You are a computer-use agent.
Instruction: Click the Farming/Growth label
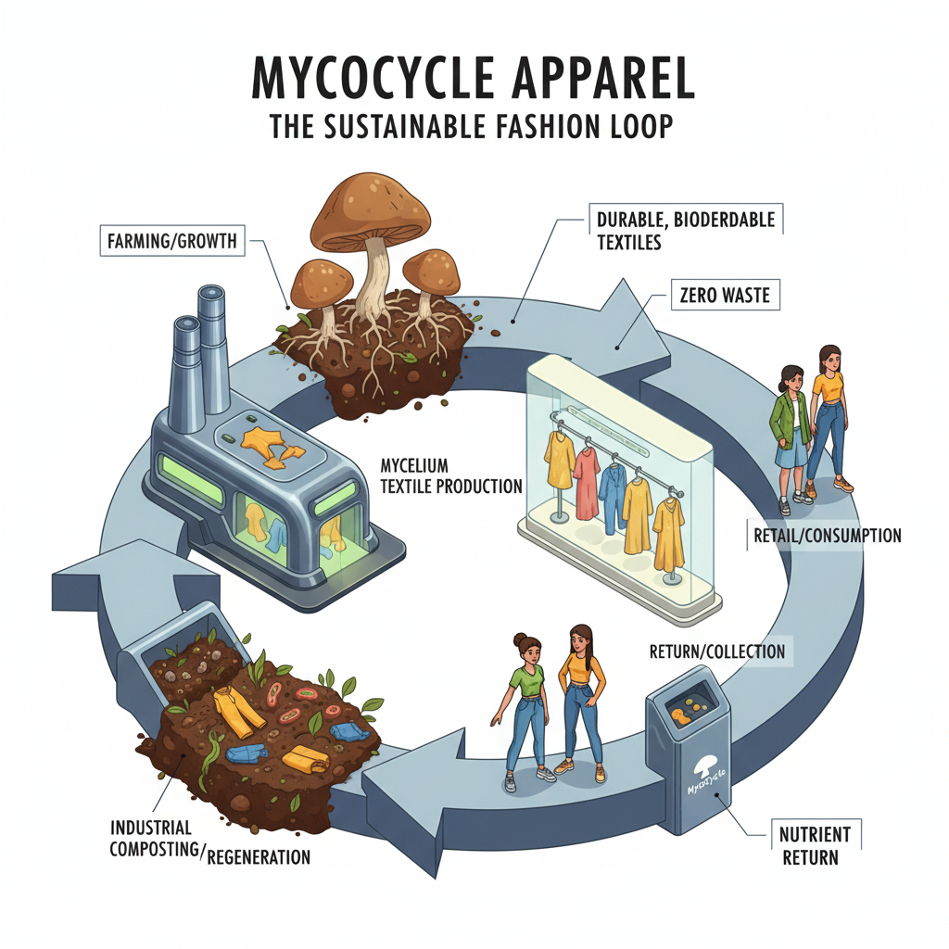(x=171, y=244)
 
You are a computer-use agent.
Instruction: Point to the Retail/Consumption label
(x=823, y=535)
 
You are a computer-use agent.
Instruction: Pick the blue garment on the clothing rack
(x=613, y=499)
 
